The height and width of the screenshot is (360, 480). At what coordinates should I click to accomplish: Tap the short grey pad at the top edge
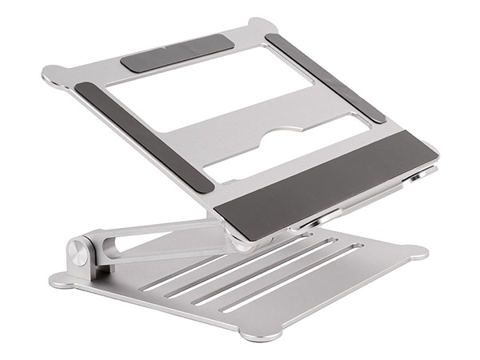click(178, 54)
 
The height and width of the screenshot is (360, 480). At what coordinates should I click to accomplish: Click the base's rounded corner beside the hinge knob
click(60, 282)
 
